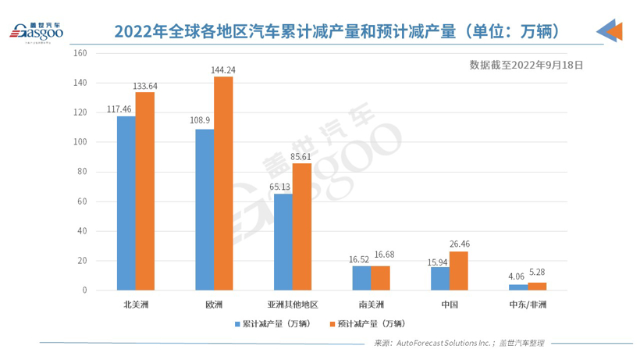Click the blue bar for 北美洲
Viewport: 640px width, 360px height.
tap(126, 203)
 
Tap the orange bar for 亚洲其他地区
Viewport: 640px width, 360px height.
tap(301, 226)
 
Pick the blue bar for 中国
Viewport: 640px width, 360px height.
tap(439, 278)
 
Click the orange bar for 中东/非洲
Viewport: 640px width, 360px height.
tap(537, 287)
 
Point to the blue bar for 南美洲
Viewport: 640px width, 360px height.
tap(361, 278)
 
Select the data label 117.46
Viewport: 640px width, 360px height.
tap(121, 109)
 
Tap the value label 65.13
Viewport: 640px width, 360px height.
tap(279, 187)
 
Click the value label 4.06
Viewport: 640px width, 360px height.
tap(517, 276)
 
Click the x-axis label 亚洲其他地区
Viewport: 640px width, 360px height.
tap(292, 305)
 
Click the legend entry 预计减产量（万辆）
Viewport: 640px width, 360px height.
tap(367, 323)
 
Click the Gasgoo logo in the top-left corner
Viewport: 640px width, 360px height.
tap(35, 31)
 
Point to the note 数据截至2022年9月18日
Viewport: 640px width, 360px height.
tap(526, 66)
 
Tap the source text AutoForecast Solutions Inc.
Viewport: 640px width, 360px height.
tap(442, 343)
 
